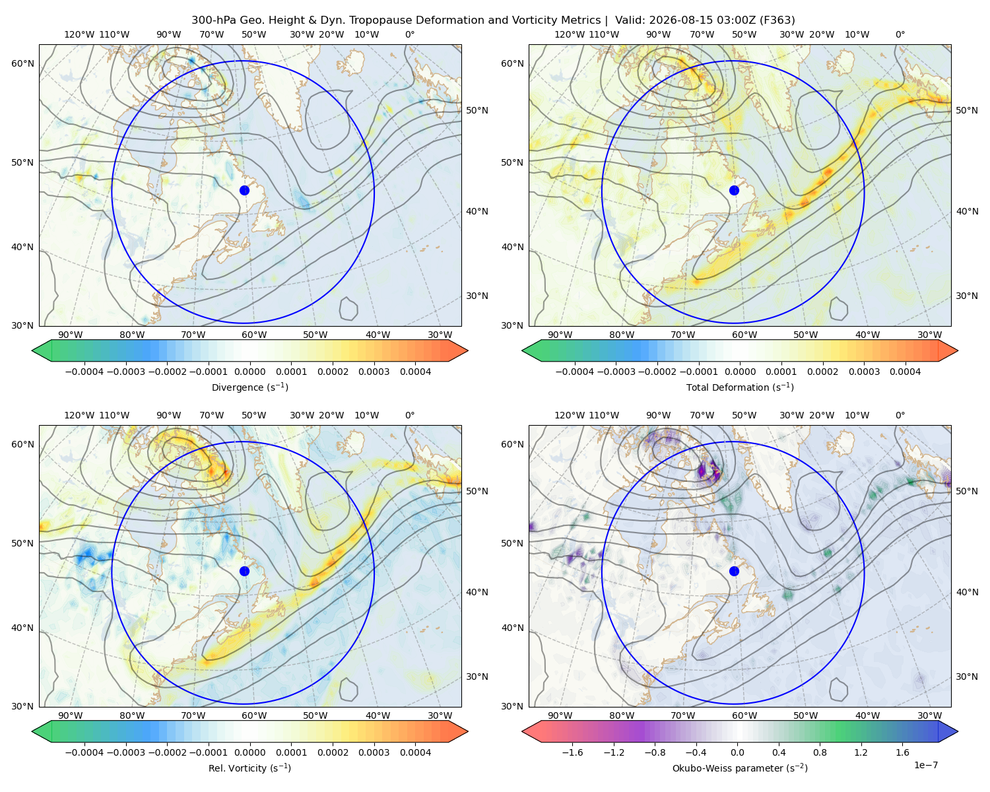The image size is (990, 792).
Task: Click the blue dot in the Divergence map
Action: (x=244, y=190)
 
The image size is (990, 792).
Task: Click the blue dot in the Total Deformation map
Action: (x=734, y=190)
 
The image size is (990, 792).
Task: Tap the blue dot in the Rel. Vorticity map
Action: (x=244, y=571)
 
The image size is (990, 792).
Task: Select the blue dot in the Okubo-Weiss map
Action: (x=734, y=571)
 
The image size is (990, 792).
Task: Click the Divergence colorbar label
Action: (x=249, y=387)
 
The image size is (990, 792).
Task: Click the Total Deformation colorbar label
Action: (x=740, y=387)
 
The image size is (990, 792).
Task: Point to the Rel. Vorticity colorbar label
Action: (x=249, y=768)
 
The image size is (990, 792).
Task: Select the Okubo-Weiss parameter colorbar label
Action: (x=740, y=768)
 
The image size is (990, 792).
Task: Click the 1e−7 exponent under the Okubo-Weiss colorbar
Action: (x=925, y=765)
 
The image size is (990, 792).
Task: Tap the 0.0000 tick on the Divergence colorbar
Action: (x=249, y=372)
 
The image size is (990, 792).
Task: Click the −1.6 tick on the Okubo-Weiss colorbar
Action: (x=572, y=752)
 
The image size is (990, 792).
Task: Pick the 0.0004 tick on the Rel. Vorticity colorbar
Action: (x=415, y=752)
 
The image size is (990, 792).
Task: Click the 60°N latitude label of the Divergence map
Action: (x=22, y=63)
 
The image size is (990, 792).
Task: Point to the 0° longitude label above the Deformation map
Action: (x=900, y=34)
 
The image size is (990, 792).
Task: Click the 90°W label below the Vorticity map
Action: (x=71, y=715)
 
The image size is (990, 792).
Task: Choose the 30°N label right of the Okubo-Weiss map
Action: (x=966, y=676)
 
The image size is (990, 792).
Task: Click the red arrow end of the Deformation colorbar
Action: (x=948, y=350)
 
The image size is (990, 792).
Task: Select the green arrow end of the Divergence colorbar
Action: (x=42, y=350)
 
